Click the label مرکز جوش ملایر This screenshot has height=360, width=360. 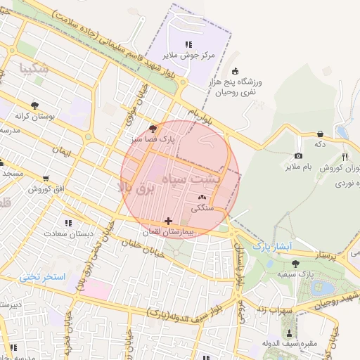[x=199, y=54]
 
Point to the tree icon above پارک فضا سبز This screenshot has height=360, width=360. [x=153, y=129]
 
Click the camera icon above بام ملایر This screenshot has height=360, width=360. [x=298, y=155]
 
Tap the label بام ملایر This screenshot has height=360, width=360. [x=297, y=167]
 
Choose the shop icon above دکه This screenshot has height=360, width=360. [x=320, y=133]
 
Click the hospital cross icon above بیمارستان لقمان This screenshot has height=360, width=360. [x=167, y=221]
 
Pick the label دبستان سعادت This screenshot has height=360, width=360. [x=67, y=233]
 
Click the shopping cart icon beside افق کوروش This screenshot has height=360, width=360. [x=46, y=179]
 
